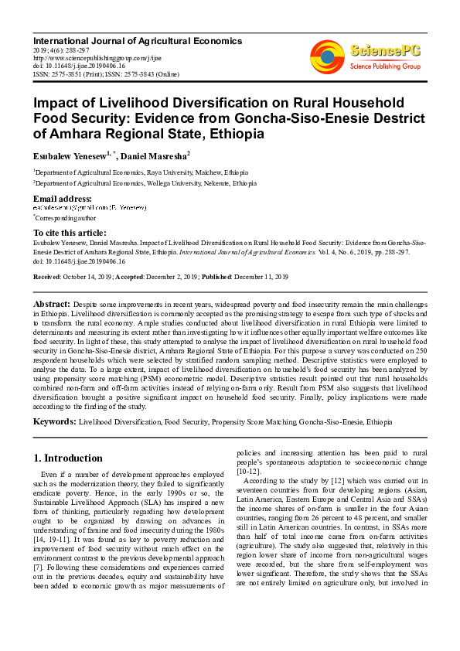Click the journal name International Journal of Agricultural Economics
[137, 40]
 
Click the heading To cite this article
[70, 233]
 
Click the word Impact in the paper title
[57, 103]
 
